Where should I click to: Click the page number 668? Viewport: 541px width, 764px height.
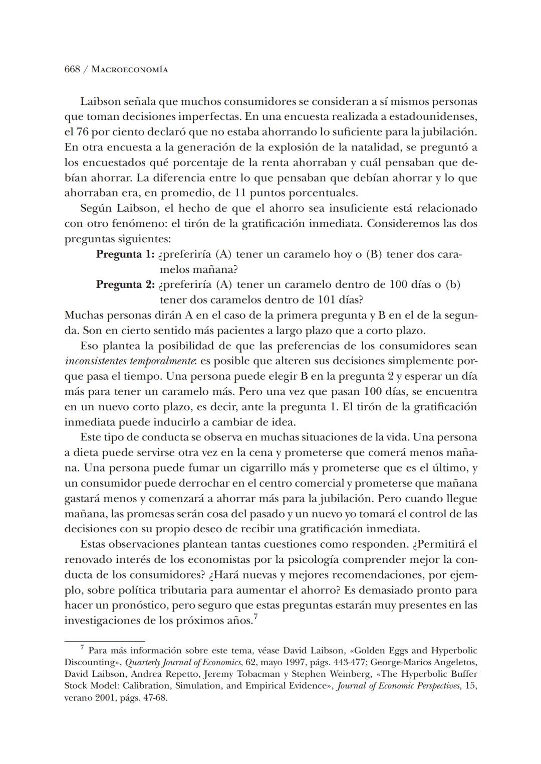[x=72, y=69]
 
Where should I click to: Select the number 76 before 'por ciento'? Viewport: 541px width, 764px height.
[x=83, y=132]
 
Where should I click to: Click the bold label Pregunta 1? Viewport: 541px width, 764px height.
[x=125, y=254]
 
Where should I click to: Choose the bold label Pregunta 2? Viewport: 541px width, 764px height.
[x=125, y=285]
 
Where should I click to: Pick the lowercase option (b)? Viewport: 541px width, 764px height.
[x=453, y=285]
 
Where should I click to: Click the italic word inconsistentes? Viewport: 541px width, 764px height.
[x=96, y=361]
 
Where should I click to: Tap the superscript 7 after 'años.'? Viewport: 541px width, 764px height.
[x=255, y=617]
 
